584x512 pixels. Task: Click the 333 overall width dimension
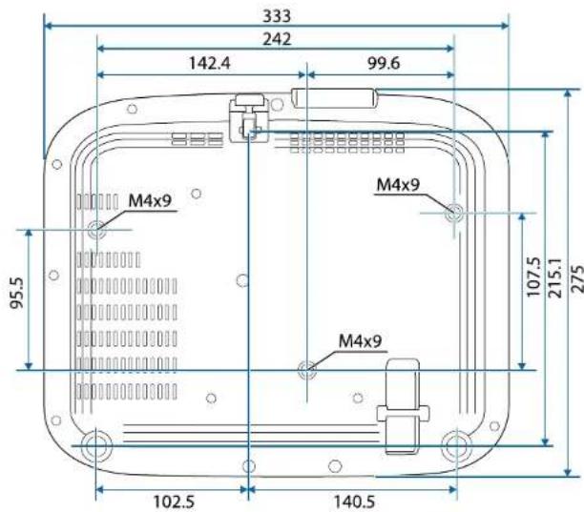277,16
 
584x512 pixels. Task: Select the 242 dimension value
277,39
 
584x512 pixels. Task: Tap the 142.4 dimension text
210,63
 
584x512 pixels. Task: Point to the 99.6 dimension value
384,63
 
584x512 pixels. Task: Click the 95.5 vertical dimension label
17,293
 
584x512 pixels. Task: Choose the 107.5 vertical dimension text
534,276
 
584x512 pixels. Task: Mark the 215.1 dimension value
555,278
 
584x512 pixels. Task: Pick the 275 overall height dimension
577,279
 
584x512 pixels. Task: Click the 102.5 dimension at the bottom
174,502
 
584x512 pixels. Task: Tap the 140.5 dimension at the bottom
354,502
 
